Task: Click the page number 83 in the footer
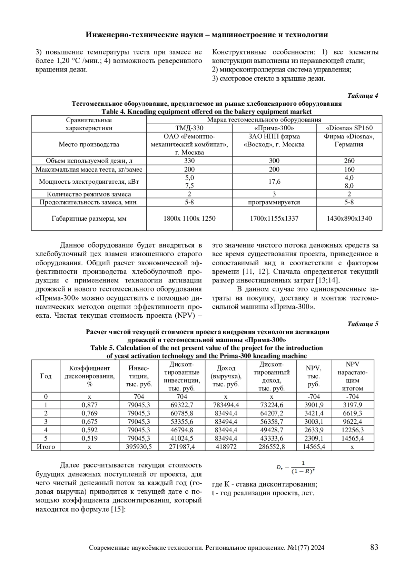click(x=374, y=547)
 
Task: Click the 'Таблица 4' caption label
click(x=363, y=96)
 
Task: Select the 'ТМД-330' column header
click(x=189, y=128)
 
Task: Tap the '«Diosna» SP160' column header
click(x=349, y=128)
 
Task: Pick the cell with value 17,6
click(x=274, y=182)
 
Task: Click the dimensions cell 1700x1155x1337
click(x=274, y=218)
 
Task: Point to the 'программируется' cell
click(x=274, y=202)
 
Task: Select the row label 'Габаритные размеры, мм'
click(x=89, y=218)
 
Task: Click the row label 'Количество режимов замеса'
click(x=89, y=194)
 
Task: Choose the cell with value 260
click(x=349, y=161)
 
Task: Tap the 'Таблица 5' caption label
click(x=363, y=324)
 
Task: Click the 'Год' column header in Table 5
click(x=46, y=376)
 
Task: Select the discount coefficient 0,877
click(x=89, y=405)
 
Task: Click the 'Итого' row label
click(x=46, y=447)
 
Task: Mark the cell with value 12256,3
click(x=352, y=430)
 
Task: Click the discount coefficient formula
click(x=295, y=468)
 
